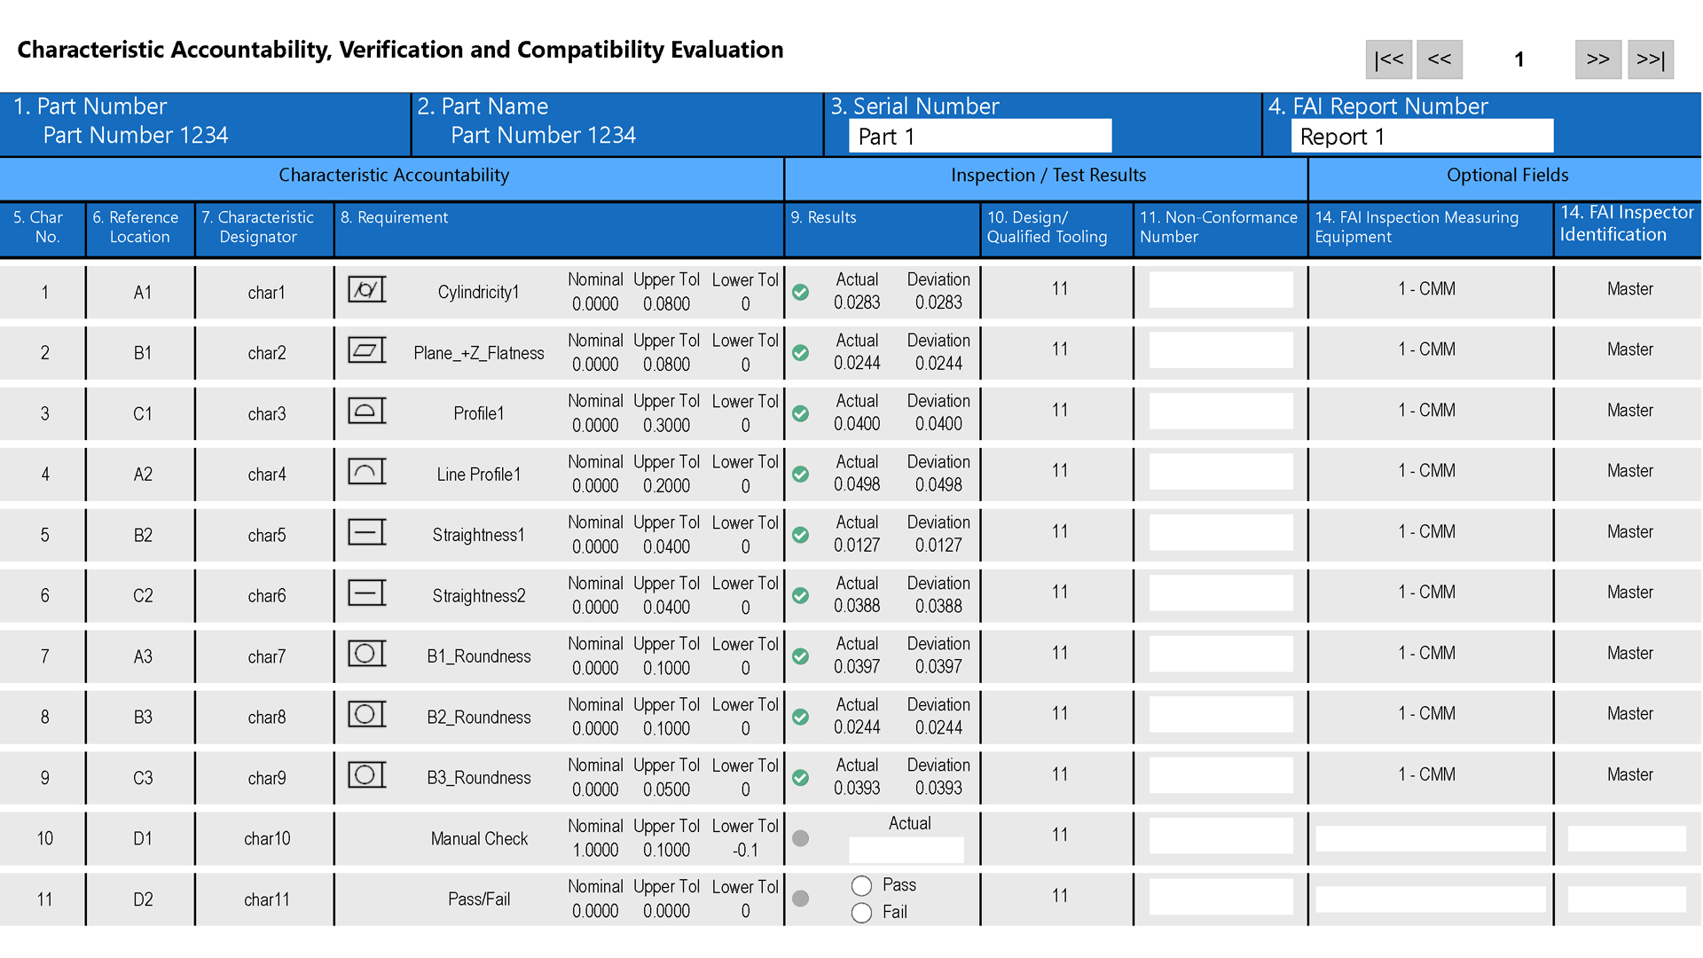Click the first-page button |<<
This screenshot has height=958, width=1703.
point(1388,59)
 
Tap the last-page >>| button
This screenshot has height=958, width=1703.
point(1650,59)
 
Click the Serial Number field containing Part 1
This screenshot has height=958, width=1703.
point(979,137)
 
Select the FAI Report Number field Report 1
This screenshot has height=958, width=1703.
point(1421,137)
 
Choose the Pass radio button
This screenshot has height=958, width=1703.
point(861,885)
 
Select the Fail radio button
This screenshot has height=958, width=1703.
point(861,913)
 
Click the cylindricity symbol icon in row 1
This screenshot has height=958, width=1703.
point(366,290)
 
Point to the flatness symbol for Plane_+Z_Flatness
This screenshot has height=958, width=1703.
point(366,350)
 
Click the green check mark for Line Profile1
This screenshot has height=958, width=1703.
point(800,475)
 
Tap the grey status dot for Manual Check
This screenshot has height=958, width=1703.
point(800,838)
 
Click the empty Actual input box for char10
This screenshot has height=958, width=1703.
point(906,850)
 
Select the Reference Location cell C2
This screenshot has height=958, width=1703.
point(143,596)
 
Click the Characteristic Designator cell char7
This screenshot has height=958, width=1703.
point(266,657)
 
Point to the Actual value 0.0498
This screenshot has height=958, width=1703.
point(857,485)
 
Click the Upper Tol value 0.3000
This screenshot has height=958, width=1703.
point(666,426)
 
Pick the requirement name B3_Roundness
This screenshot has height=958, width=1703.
point(479,778)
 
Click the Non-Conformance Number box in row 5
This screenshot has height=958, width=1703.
point(1220,533)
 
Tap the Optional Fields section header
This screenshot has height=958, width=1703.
point(1506,176)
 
